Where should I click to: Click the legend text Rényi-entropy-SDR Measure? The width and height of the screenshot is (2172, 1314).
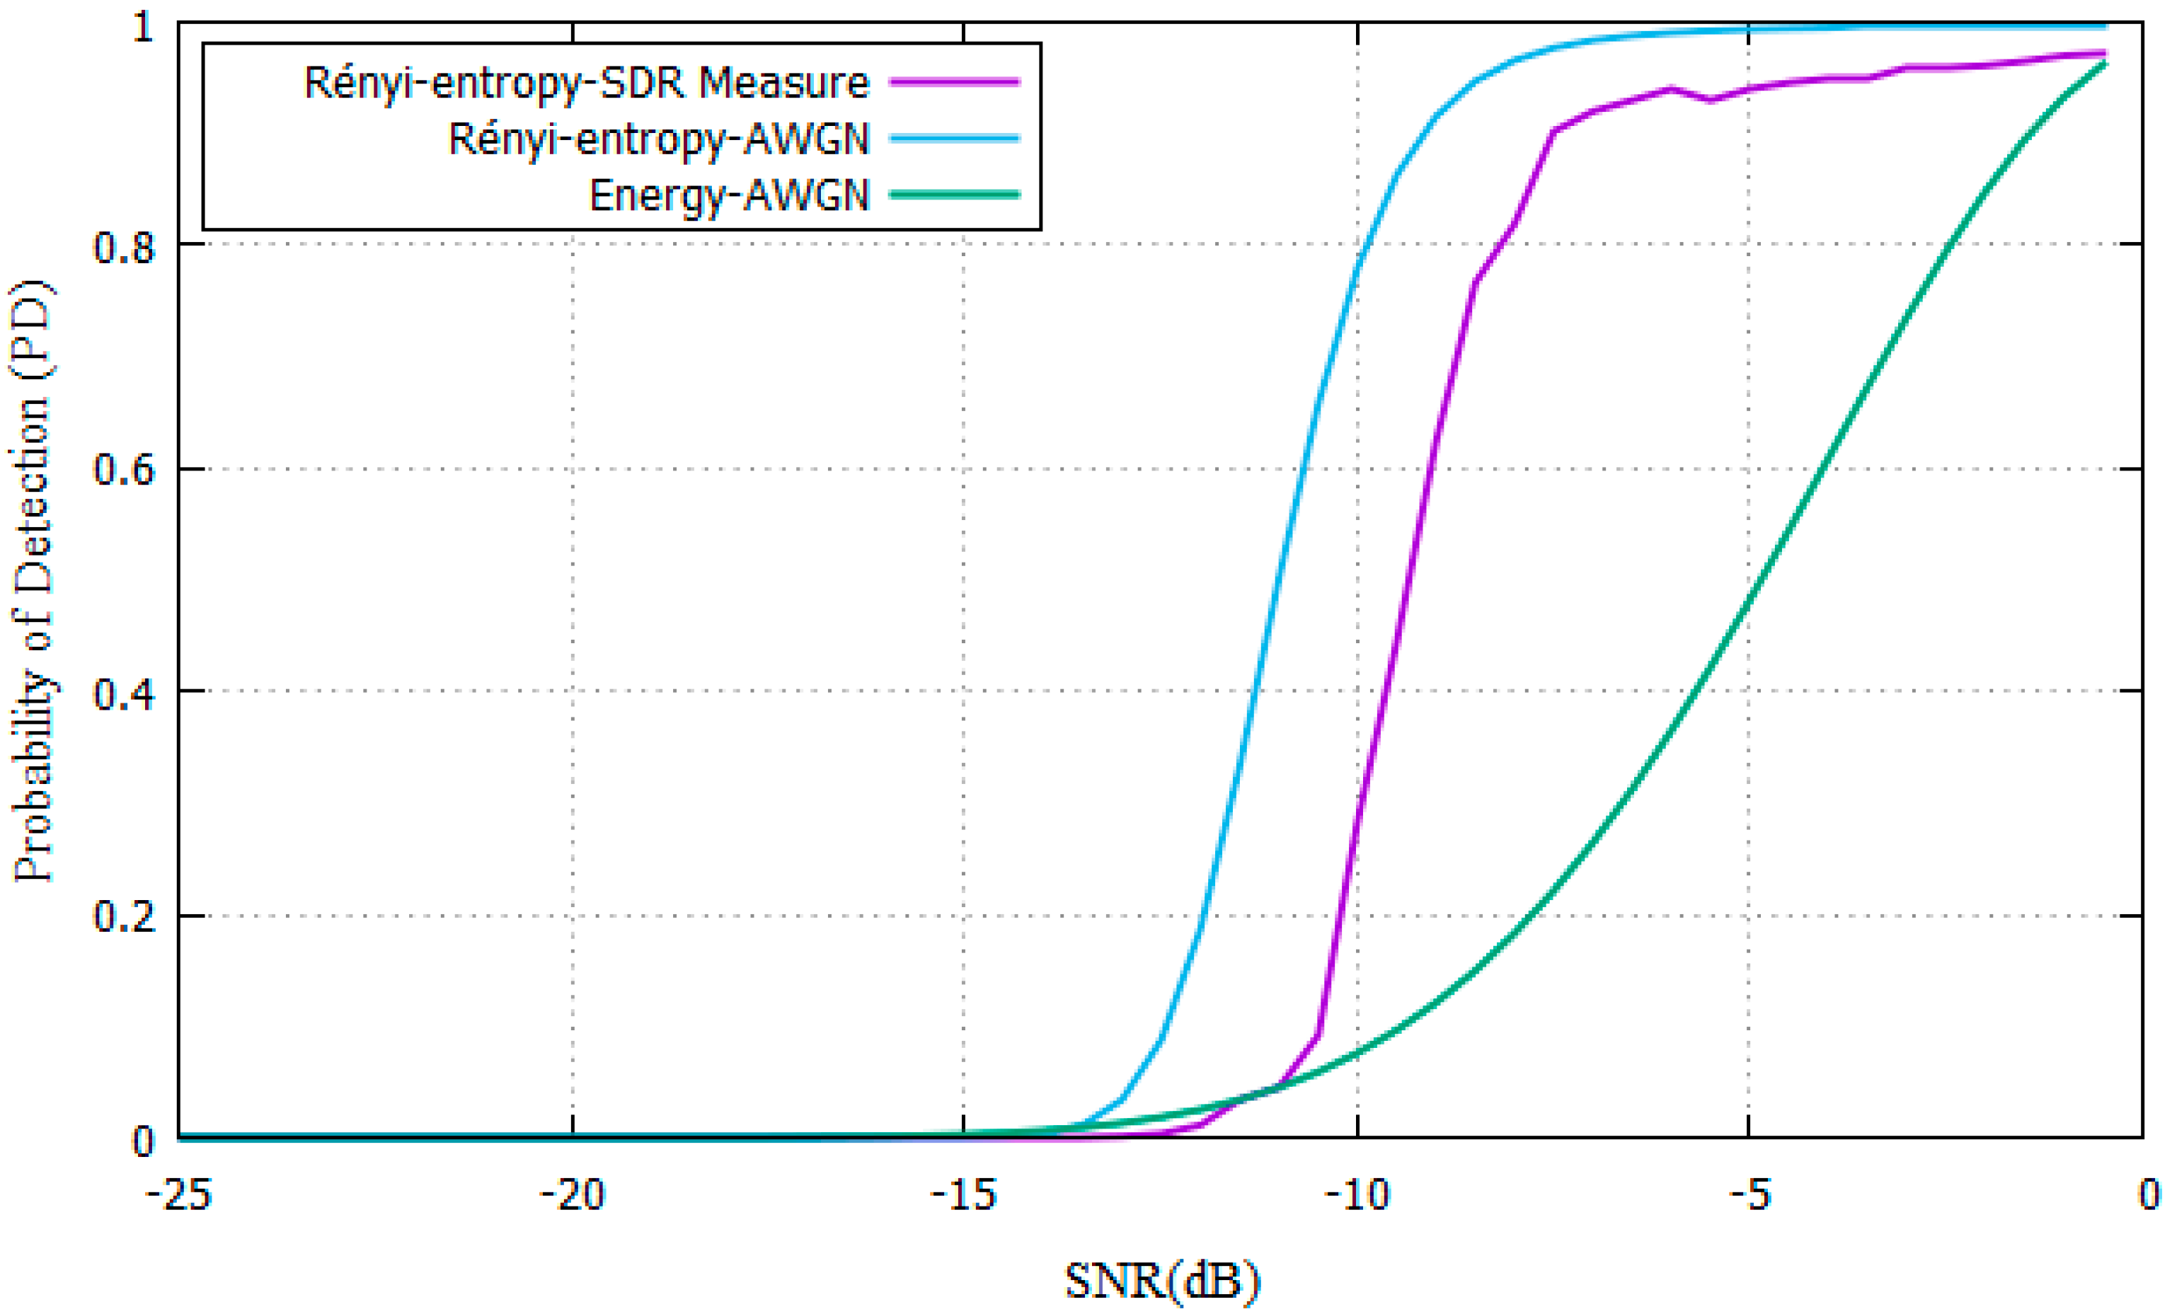coord(586,83)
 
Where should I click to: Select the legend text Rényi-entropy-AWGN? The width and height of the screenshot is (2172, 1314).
coord(658,139)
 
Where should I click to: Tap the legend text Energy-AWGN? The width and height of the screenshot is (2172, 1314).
coord(729,195)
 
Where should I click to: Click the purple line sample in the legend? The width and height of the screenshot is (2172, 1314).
coord(955,82)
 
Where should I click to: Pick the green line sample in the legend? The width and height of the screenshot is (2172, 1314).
coord(955,195)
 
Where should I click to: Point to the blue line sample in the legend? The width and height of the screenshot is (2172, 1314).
coord(955,139)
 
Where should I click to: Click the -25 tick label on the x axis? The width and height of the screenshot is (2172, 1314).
coord(179,1196)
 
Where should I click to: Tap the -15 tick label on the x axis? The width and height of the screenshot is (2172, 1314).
coord(963,1196)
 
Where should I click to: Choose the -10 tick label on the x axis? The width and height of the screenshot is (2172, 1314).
coord(1357,1196)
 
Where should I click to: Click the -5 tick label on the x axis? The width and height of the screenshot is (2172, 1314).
coord(1749,1196)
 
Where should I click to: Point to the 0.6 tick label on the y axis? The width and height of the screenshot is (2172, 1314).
coord(123,469)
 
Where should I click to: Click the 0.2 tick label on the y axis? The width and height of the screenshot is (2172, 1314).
coord(123,916)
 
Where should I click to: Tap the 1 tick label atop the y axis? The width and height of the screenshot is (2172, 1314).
coord(143,26)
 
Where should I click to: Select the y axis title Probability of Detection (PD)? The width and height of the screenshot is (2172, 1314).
coord(33,582)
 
